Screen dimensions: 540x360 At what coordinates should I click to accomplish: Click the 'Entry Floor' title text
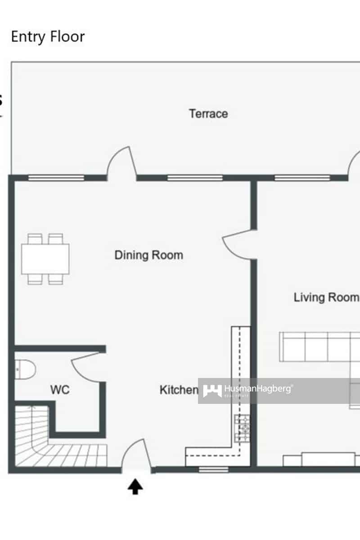48,36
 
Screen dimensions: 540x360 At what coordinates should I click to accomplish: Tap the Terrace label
208,113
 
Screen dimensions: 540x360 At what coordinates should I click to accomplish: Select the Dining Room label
148,255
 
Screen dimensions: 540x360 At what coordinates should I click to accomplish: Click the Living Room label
326,297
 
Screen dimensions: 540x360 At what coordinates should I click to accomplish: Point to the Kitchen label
179,390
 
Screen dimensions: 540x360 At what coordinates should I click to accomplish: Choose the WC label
60,390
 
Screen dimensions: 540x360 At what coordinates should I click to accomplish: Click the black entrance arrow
135,486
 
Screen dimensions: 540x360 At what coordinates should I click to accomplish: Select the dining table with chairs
45,259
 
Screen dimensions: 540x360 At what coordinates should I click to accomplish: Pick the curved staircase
54,445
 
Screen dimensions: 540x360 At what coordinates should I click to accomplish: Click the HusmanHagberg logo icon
212,391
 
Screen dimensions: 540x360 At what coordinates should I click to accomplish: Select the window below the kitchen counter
213,470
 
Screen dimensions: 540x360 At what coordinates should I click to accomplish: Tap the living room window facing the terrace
302,178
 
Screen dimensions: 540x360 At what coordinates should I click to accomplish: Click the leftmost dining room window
56,178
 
